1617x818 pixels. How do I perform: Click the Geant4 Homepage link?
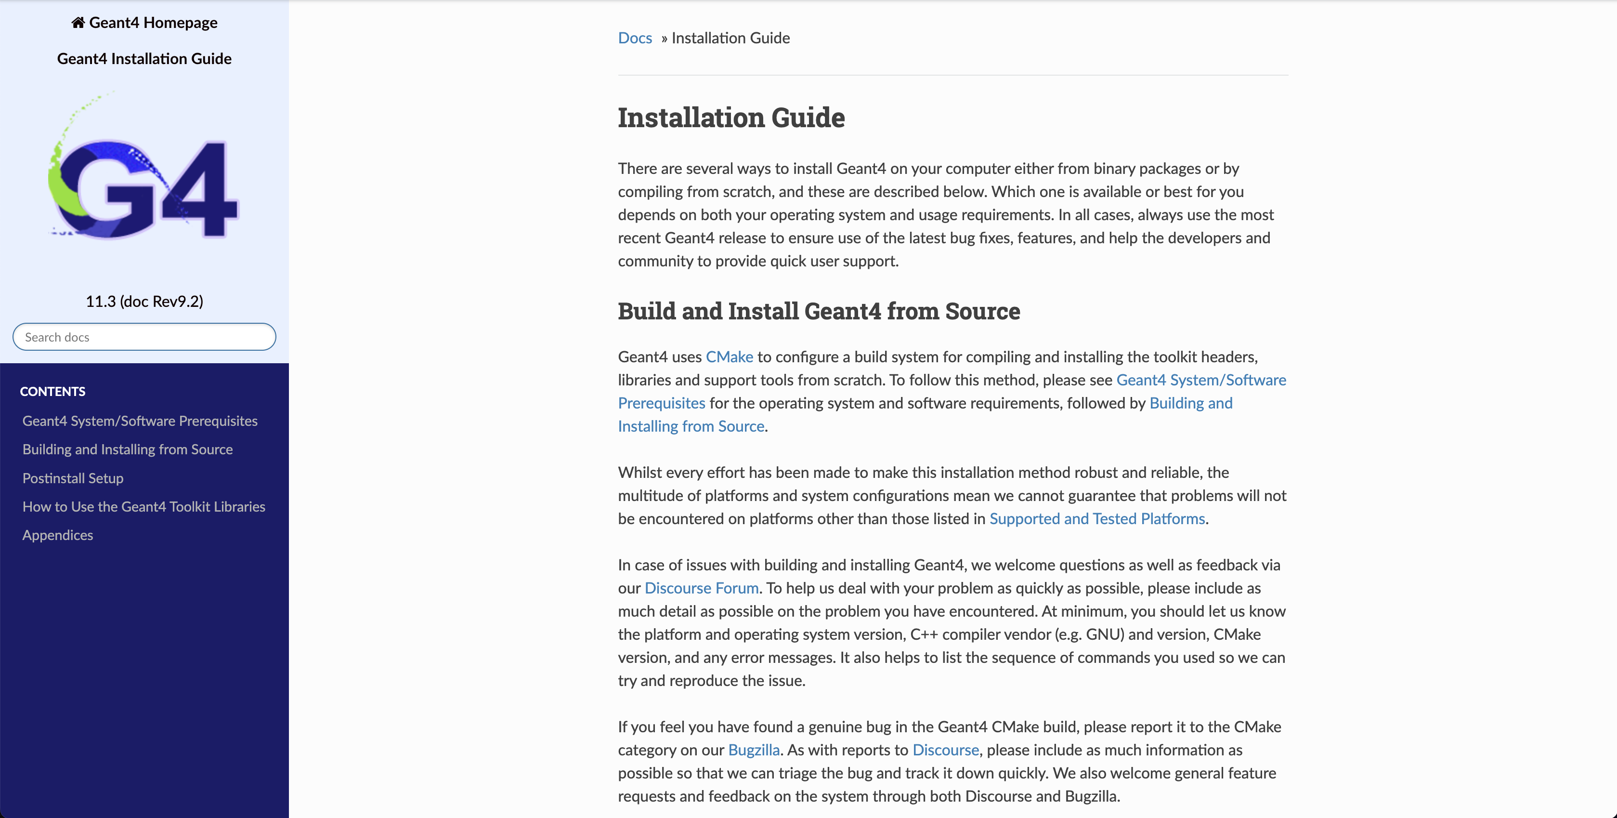coord(153,23)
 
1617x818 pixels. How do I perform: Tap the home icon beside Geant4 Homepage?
coord(78,23)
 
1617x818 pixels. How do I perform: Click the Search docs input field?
coord(144,337)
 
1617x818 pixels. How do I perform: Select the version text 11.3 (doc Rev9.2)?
coord(144,302)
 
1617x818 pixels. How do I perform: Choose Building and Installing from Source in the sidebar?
coord(128,449)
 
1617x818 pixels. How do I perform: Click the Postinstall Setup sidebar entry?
coord(73,478)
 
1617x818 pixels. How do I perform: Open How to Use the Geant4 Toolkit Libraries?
coord(144,507)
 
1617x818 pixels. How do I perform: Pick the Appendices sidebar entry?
coord(58,535)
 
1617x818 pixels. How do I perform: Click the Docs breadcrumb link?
coord(635,38)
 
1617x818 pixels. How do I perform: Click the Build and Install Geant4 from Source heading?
coord(819,311)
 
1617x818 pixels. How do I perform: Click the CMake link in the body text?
coord(729,356)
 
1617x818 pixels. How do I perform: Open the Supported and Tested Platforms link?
coord(1096,518)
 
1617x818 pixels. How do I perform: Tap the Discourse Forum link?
coord(701,588)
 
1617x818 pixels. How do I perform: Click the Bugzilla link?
coord(753,750)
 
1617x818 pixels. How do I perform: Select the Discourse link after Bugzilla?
coord(945,750)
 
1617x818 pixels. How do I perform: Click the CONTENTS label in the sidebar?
coord(53,392)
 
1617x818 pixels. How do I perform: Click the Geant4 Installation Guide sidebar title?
coord(144,58)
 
